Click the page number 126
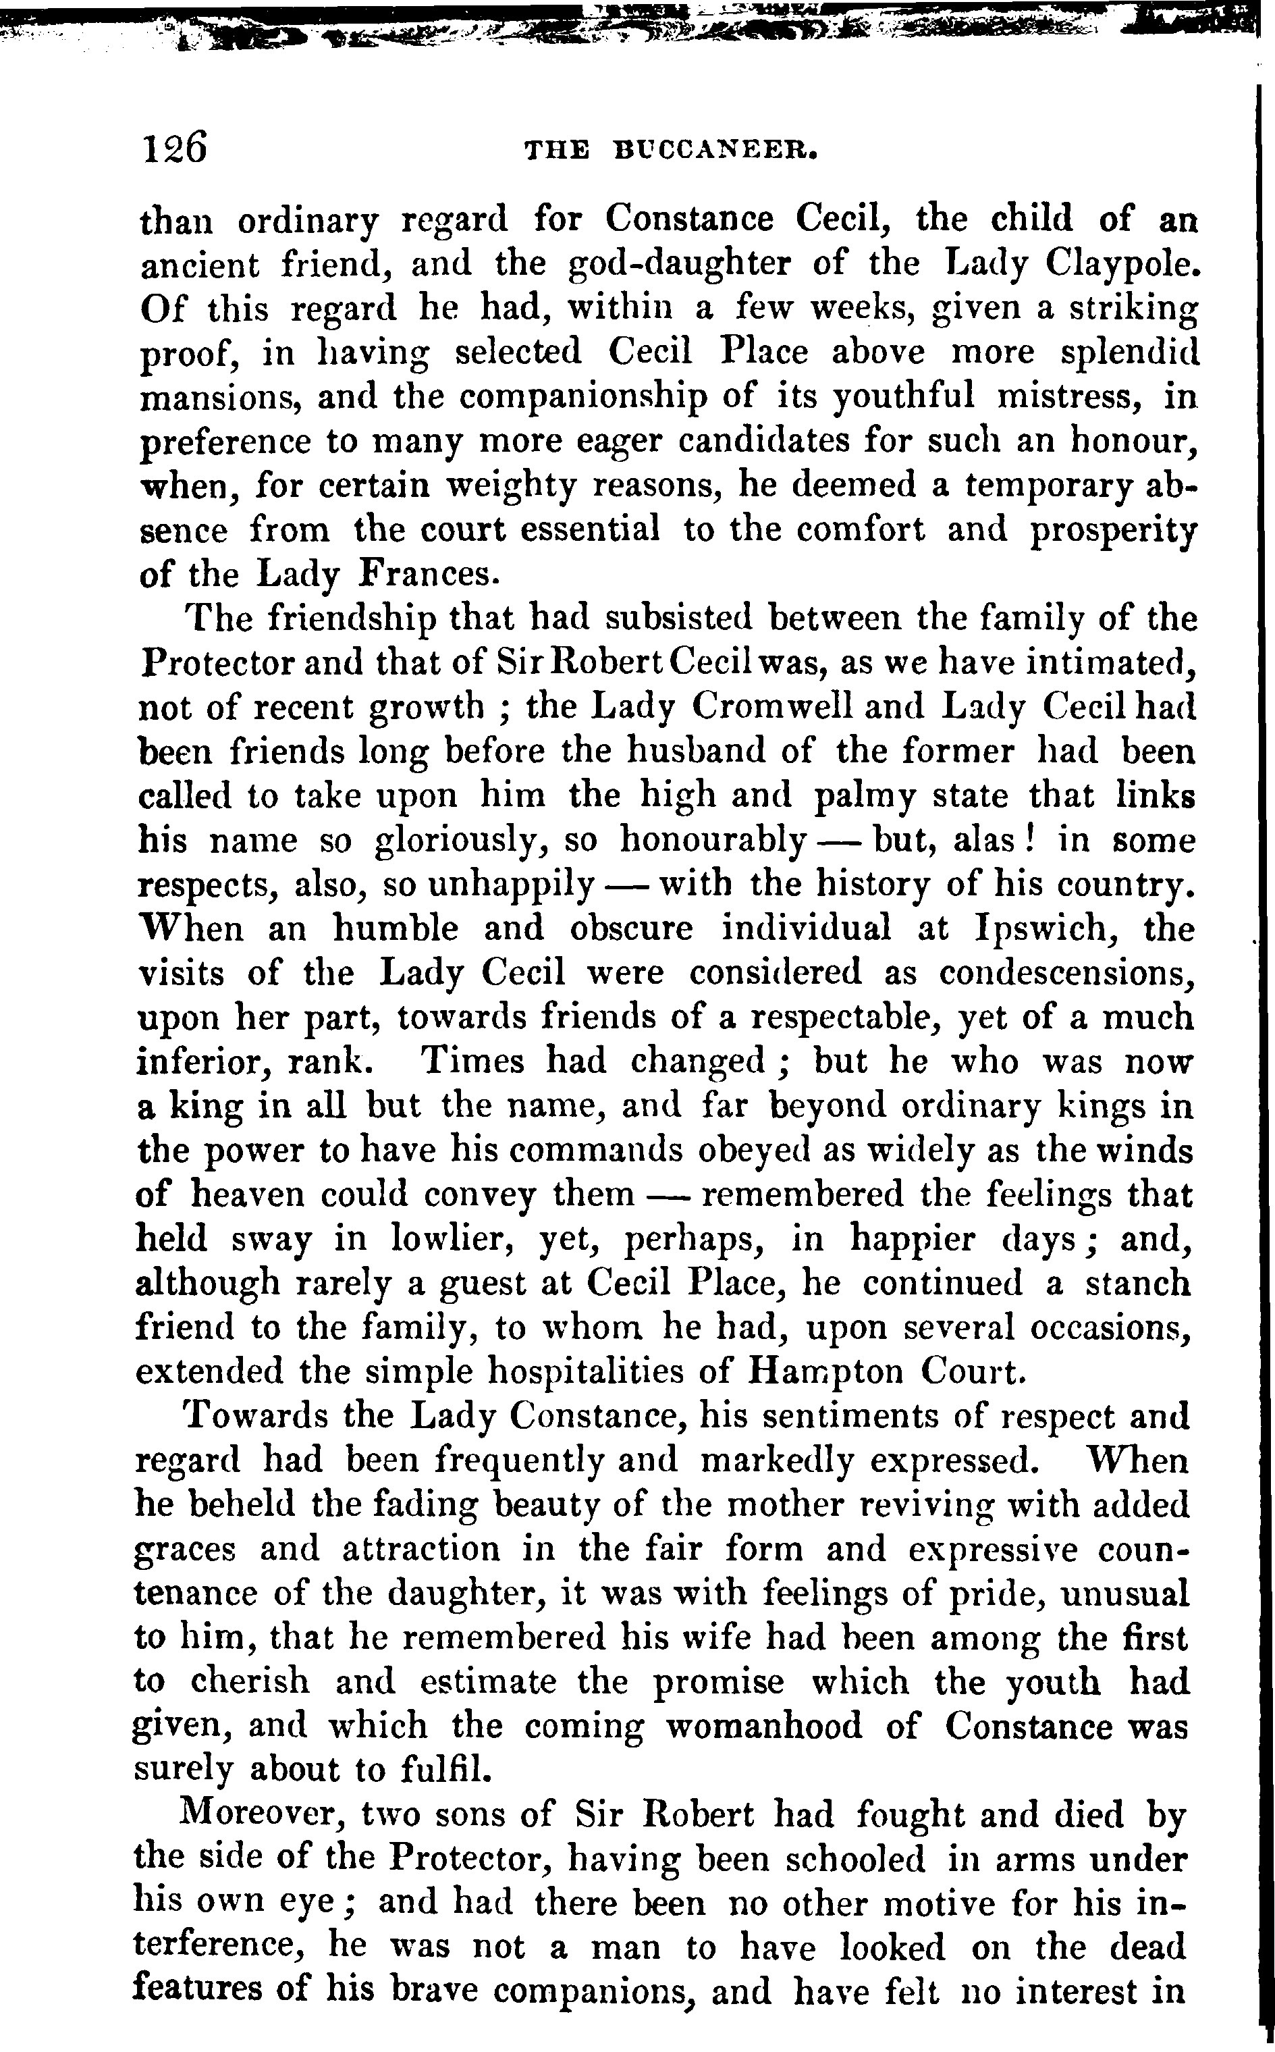click(x=175, y=149)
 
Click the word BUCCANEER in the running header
click(x=716, y=151)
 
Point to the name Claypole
click(x=1122, y=265)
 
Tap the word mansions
click(x=220, y=396)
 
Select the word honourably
click(x=713, y=840)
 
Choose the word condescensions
click(x=1066, y=973)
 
